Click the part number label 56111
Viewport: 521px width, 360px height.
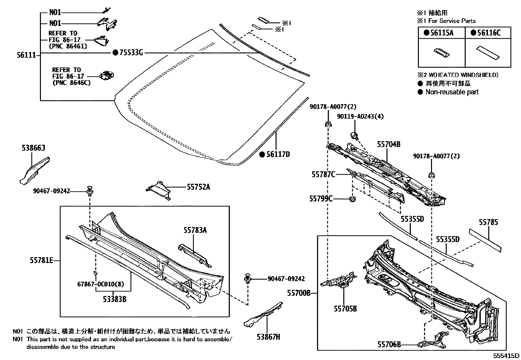[x=26, y=55]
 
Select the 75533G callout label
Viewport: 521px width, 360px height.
[x=131, y=52]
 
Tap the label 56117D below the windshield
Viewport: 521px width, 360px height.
[x=278, y=155]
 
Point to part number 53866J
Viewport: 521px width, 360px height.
[x=33, y=148]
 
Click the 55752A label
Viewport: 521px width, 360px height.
[x=198, y=187]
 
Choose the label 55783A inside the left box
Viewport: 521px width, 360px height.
[x=195, y=230]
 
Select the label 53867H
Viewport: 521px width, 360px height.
[x=268, y=336]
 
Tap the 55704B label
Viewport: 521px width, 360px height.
[x=389, y=144]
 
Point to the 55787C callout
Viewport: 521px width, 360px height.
[x=323, y=175]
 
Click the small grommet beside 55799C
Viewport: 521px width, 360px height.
[x=352, y=199]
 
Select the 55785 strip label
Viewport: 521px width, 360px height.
[x=488, y=222]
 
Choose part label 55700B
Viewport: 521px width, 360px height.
[x=299, y=293]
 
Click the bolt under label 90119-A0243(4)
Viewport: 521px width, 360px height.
[x=354, y=135]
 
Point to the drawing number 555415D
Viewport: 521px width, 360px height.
[x=507, y=356]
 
